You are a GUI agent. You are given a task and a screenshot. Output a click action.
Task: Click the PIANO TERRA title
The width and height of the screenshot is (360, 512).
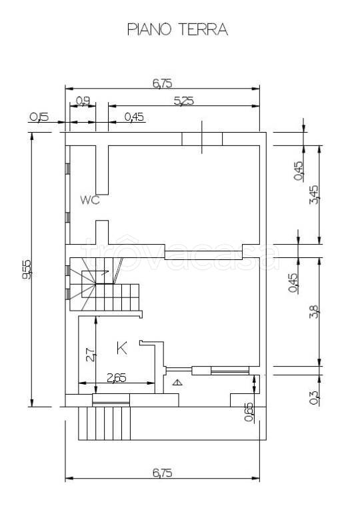coord(177,29)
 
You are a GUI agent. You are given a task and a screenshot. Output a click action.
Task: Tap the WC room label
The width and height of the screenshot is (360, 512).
coord(90,200)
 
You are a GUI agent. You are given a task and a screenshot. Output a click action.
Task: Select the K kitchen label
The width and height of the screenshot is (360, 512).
coord(122,348)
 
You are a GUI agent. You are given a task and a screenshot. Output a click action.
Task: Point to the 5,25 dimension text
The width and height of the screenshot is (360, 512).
coord(183,101)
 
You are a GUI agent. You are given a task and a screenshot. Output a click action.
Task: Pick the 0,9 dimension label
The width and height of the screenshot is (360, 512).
coord(83,101)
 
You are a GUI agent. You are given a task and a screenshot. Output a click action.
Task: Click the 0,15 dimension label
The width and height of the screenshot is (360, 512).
coord(39,117)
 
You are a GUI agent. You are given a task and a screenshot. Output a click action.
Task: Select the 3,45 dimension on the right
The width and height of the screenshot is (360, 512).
coord(313,195)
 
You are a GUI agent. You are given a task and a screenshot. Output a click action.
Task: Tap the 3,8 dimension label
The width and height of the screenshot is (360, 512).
coord(313,311)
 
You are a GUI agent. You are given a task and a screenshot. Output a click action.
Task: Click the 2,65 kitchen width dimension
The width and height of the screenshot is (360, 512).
coord(117,378)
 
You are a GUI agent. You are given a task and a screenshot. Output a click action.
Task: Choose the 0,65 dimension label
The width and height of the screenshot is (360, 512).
coord(249,412)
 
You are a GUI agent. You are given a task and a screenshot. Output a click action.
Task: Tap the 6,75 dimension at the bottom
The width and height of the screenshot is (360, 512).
coord(163,473)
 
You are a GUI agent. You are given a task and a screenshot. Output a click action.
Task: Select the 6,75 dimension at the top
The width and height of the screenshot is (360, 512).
coord(163,83)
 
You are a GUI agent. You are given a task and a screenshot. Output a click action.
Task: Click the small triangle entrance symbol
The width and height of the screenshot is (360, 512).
coord(177,383)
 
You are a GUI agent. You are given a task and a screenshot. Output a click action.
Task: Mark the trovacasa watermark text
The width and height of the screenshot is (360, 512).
coord(180,254)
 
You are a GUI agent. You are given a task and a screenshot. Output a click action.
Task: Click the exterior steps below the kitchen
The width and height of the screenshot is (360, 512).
coord(105,423)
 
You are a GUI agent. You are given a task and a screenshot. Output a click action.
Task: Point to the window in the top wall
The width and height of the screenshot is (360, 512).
coord(202,139)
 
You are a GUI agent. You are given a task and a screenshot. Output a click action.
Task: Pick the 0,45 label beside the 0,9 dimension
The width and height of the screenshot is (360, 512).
coord(134,117)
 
